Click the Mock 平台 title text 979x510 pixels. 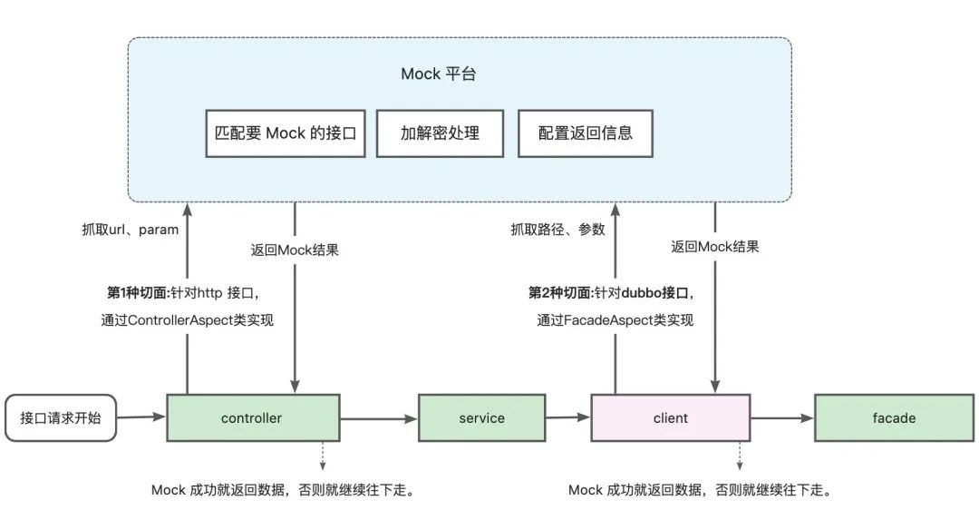point(439,74)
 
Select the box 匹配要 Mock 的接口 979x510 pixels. point(286,133)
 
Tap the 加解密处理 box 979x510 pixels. point(440,133)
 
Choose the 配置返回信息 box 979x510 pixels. point(585,133)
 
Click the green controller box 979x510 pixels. point(252,418)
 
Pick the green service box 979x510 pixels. point(481,418)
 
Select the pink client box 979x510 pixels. point(670,418)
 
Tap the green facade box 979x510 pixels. point(894,418)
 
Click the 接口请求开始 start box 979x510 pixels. point(61,418)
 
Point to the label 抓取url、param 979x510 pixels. point(130,230)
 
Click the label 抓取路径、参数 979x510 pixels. point(557,230)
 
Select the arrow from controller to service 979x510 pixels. point(378,418)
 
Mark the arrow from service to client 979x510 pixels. point(567,418)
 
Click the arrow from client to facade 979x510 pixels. point(781,418)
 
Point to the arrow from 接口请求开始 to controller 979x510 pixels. point(141,417)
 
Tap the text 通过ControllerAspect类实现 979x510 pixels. point(188,319)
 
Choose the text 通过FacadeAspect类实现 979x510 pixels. point(616,319)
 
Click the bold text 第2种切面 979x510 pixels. point(559,293)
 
